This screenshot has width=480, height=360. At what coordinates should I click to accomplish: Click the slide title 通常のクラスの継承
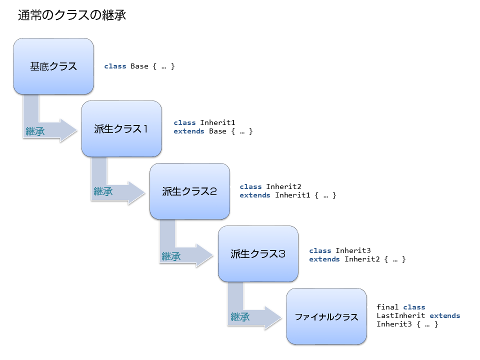click(x=71, y=15)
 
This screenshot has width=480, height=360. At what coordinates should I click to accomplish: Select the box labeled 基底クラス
click(x=53, y=66)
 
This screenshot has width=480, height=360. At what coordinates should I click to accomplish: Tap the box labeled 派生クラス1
click(x=121, y=129)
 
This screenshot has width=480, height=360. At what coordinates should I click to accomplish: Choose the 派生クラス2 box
click(x=189, y=191)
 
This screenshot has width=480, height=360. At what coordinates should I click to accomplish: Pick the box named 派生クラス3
click(x=258, y=253)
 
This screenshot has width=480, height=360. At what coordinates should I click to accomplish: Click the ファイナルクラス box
click(x=326, y=316)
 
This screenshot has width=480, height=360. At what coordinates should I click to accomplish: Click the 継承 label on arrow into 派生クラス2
click(x=103, y=192)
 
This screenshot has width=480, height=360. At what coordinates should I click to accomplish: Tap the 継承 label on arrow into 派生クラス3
click(x=171, y=256)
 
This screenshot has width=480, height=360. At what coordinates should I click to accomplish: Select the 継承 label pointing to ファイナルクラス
click(x=239, y=317)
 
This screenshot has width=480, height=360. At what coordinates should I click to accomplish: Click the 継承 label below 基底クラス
click(x=35, y=131)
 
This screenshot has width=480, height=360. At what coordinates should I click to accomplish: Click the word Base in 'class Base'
click(x=139, y=66)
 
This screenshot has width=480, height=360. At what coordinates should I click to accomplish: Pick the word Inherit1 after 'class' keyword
click(x=217, y=122)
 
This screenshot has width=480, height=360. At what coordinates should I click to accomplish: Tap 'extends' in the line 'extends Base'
click(x=188, y=131)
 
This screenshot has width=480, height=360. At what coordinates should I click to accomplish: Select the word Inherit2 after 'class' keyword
click(x=283, y=186)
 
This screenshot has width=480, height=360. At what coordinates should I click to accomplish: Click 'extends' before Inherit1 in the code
click(x=254, y=195)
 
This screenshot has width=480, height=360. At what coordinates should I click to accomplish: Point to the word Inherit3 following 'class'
click(x=353, y=250)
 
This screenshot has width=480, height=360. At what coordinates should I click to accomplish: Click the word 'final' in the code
click(x=387, y=307)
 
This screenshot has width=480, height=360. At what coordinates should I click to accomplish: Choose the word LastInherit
click(x=400, y=315)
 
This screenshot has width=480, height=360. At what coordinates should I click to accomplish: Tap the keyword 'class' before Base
click(x=115, y=66)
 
